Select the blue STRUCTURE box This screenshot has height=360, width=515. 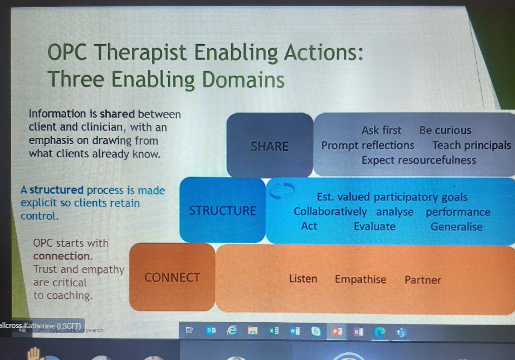(x=222, y=210)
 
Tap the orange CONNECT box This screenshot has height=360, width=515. (x=172, y=278)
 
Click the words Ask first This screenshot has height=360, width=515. (x=381, y=130)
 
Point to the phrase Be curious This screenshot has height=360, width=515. (x=445, y=130)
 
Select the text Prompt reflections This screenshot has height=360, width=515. (x=368, y=145)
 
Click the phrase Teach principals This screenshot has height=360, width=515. (x=471, y=145)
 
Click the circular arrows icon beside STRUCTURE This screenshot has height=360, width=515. (x=282, y=191)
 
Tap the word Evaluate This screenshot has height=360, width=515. (x=374, y=226)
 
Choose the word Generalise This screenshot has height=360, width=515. (x=456, y=227)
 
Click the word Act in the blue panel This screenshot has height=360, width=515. (x=309, y=226)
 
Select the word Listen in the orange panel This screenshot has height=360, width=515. (x=303, y=279)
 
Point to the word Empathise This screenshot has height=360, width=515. (x=360, y=280)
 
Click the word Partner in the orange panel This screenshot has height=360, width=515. (x=422, y=280)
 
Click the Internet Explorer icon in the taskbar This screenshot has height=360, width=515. (x=232, y=330)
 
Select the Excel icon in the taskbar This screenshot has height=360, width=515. (x=274, y=330)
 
